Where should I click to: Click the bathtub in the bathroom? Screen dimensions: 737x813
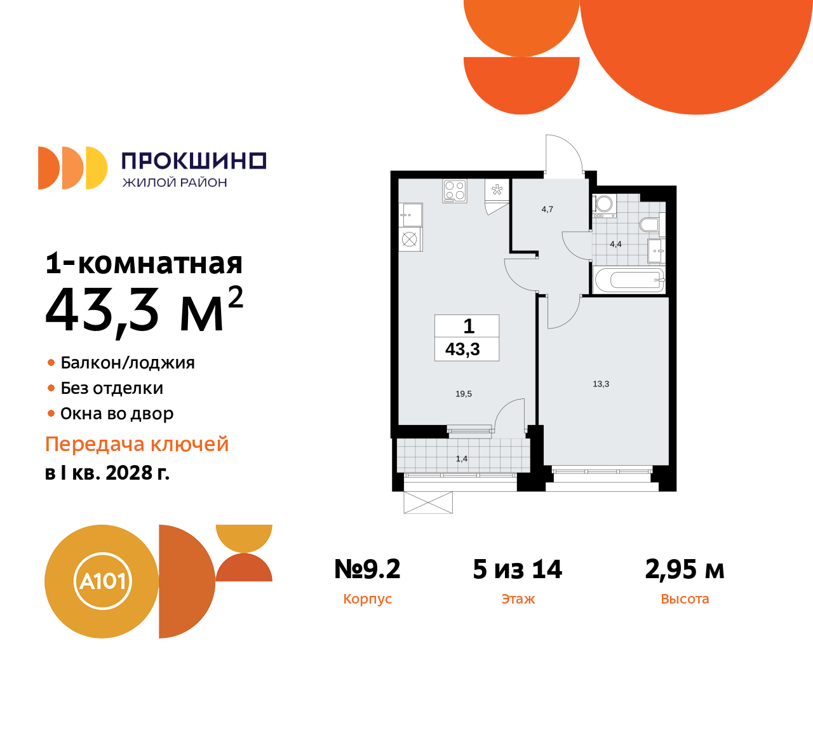point(628,280)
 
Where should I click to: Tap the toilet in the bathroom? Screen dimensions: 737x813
point(650,224)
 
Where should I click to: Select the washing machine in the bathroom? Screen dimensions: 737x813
point(604,205)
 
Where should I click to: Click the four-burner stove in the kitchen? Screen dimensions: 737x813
point(455,191)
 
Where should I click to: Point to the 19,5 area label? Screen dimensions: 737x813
point(464,394)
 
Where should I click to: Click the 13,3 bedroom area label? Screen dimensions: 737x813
point(601,384)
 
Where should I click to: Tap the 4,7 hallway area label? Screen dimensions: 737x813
point(548,209)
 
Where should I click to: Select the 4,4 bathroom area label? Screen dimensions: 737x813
point(615,244)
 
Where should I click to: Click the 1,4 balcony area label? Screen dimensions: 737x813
point(462,459)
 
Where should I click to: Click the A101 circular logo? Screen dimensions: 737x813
point(102,581)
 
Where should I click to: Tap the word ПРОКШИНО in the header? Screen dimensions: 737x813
point(194,161)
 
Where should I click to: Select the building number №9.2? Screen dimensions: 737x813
point(367,569)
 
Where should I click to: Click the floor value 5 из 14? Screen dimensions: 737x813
point(518,569)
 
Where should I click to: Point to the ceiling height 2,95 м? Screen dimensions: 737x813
point(685,569)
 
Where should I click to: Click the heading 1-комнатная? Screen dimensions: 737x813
point(144,263)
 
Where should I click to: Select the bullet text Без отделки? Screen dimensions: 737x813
point(112,388)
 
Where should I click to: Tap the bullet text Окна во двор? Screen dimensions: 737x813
point(117,414)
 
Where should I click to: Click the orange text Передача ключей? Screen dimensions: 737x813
point(137,444)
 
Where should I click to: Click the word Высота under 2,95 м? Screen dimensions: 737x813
point(685,599)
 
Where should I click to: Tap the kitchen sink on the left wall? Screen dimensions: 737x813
point(411,215)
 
